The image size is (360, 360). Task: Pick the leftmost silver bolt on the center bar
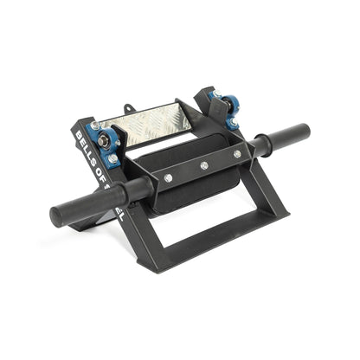pyautogui.click(x=168, y=177)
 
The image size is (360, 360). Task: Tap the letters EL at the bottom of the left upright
pyautogui.click(x=118, y=212)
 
